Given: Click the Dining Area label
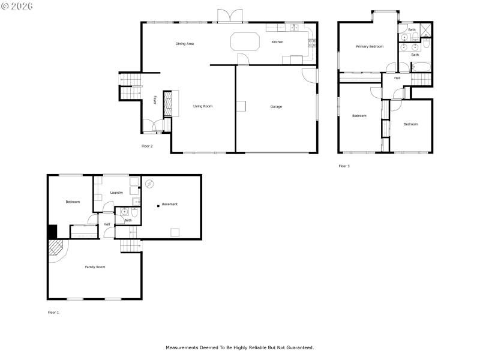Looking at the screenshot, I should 184,44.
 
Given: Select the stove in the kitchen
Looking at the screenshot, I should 311,43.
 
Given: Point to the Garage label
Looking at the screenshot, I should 276,107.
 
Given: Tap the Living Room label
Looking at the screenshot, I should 203,106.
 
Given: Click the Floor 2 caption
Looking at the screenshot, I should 147,146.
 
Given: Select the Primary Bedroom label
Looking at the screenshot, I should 369,46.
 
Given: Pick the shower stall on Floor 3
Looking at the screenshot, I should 426,30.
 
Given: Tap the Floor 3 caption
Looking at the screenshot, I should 344,166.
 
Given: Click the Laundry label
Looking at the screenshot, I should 116,193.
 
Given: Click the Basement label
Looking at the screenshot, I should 170,205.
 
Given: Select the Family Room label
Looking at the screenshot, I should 95,266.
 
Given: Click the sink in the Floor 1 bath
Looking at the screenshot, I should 124,212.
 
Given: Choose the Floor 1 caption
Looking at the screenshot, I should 53,312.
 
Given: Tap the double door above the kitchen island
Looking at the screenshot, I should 230,16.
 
